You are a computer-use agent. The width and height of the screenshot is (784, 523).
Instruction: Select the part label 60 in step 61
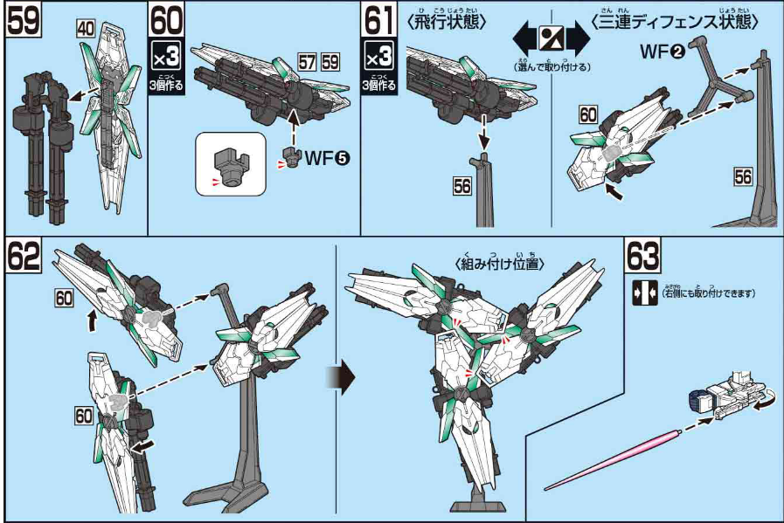click(x=587, y=113)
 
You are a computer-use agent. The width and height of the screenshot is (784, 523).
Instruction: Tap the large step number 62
click(x=24, y=256)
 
